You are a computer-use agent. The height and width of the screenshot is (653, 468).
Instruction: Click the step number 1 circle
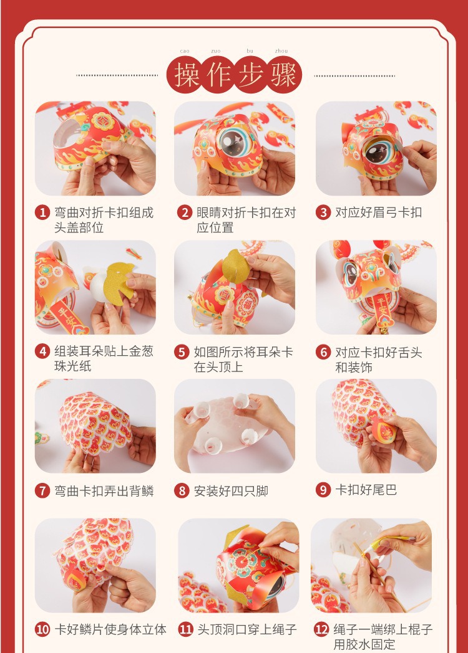[x=42, y=212]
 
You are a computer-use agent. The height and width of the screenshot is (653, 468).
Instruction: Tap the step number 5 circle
[x=182, y=352]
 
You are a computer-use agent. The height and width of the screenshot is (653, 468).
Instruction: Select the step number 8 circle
[x=182, y=490]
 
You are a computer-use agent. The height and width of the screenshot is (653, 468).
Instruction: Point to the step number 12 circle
[x=321, y=629]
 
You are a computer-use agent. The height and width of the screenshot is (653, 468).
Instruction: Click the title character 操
[x=187, y=75]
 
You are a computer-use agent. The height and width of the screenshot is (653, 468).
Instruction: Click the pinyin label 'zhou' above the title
[x=281, y=51]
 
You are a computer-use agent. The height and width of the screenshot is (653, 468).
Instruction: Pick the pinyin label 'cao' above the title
[x=185, y=51]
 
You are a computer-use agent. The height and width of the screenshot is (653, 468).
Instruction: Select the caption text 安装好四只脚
[x=231, y=490]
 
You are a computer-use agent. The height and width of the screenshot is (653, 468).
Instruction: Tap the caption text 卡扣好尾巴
[x=366, y=490]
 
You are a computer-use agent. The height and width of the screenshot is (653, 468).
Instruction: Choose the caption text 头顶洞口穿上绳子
[x=247, y=629]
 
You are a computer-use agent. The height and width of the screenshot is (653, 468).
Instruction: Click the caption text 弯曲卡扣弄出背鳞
[x=104, y=490]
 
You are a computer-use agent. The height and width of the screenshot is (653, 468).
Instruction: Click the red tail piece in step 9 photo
[x=384, y=431]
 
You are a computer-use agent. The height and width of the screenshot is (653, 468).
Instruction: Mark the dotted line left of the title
[x=117, y=75]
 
